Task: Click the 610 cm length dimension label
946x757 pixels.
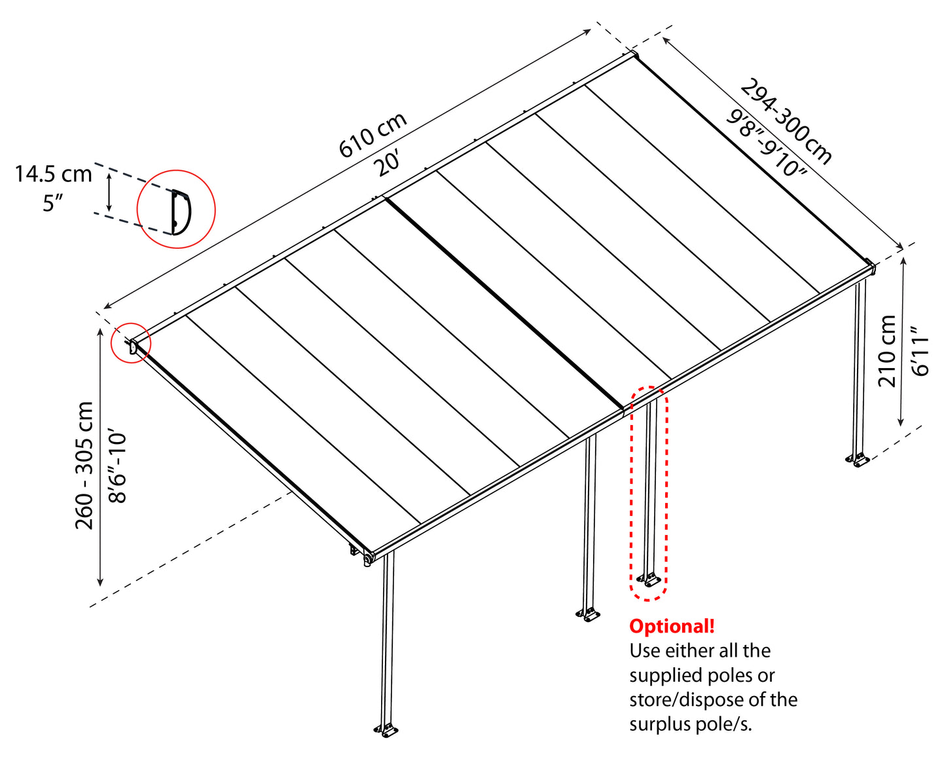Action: [373, 136]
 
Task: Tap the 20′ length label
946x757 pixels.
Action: [388, 162]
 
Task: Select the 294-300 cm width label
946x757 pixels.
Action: [786, 122]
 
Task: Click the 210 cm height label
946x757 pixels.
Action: [887, 351]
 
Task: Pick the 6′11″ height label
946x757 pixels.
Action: [920, 352]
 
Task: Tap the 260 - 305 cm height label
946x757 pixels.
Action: [84, 466]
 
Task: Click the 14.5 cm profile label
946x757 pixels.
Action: [54, 174]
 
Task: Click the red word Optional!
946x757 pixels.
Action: [672, 627]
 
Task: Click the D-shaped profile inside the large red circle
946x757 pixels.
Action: [180, 211]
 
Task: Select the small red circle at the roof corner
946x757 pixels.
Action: [131, 342]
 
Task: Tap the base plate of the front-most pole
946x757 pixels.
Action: [387, 729]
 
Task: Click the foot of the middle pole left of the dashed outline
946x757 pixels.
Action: [589, 615]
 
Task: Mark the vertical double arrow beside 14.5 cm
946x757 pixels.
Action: [109, 194]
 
